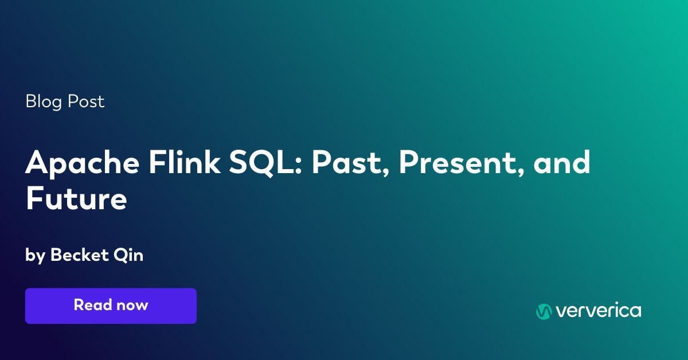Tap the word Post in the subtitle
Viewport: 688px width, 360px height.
pos(87,102)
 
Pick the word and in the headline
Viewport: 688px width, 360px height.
pos(561,163)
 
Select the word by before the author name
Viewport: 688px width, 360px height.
pos(35,256)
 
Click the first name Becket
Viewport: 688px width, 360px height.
pos(79,255)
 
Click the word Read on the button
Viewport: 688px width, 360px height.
pos(93,305)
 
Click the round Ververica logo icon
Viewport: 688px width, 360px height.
pos(543,311)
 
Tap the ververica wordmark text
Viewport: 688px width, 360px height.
pos(599,311)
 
